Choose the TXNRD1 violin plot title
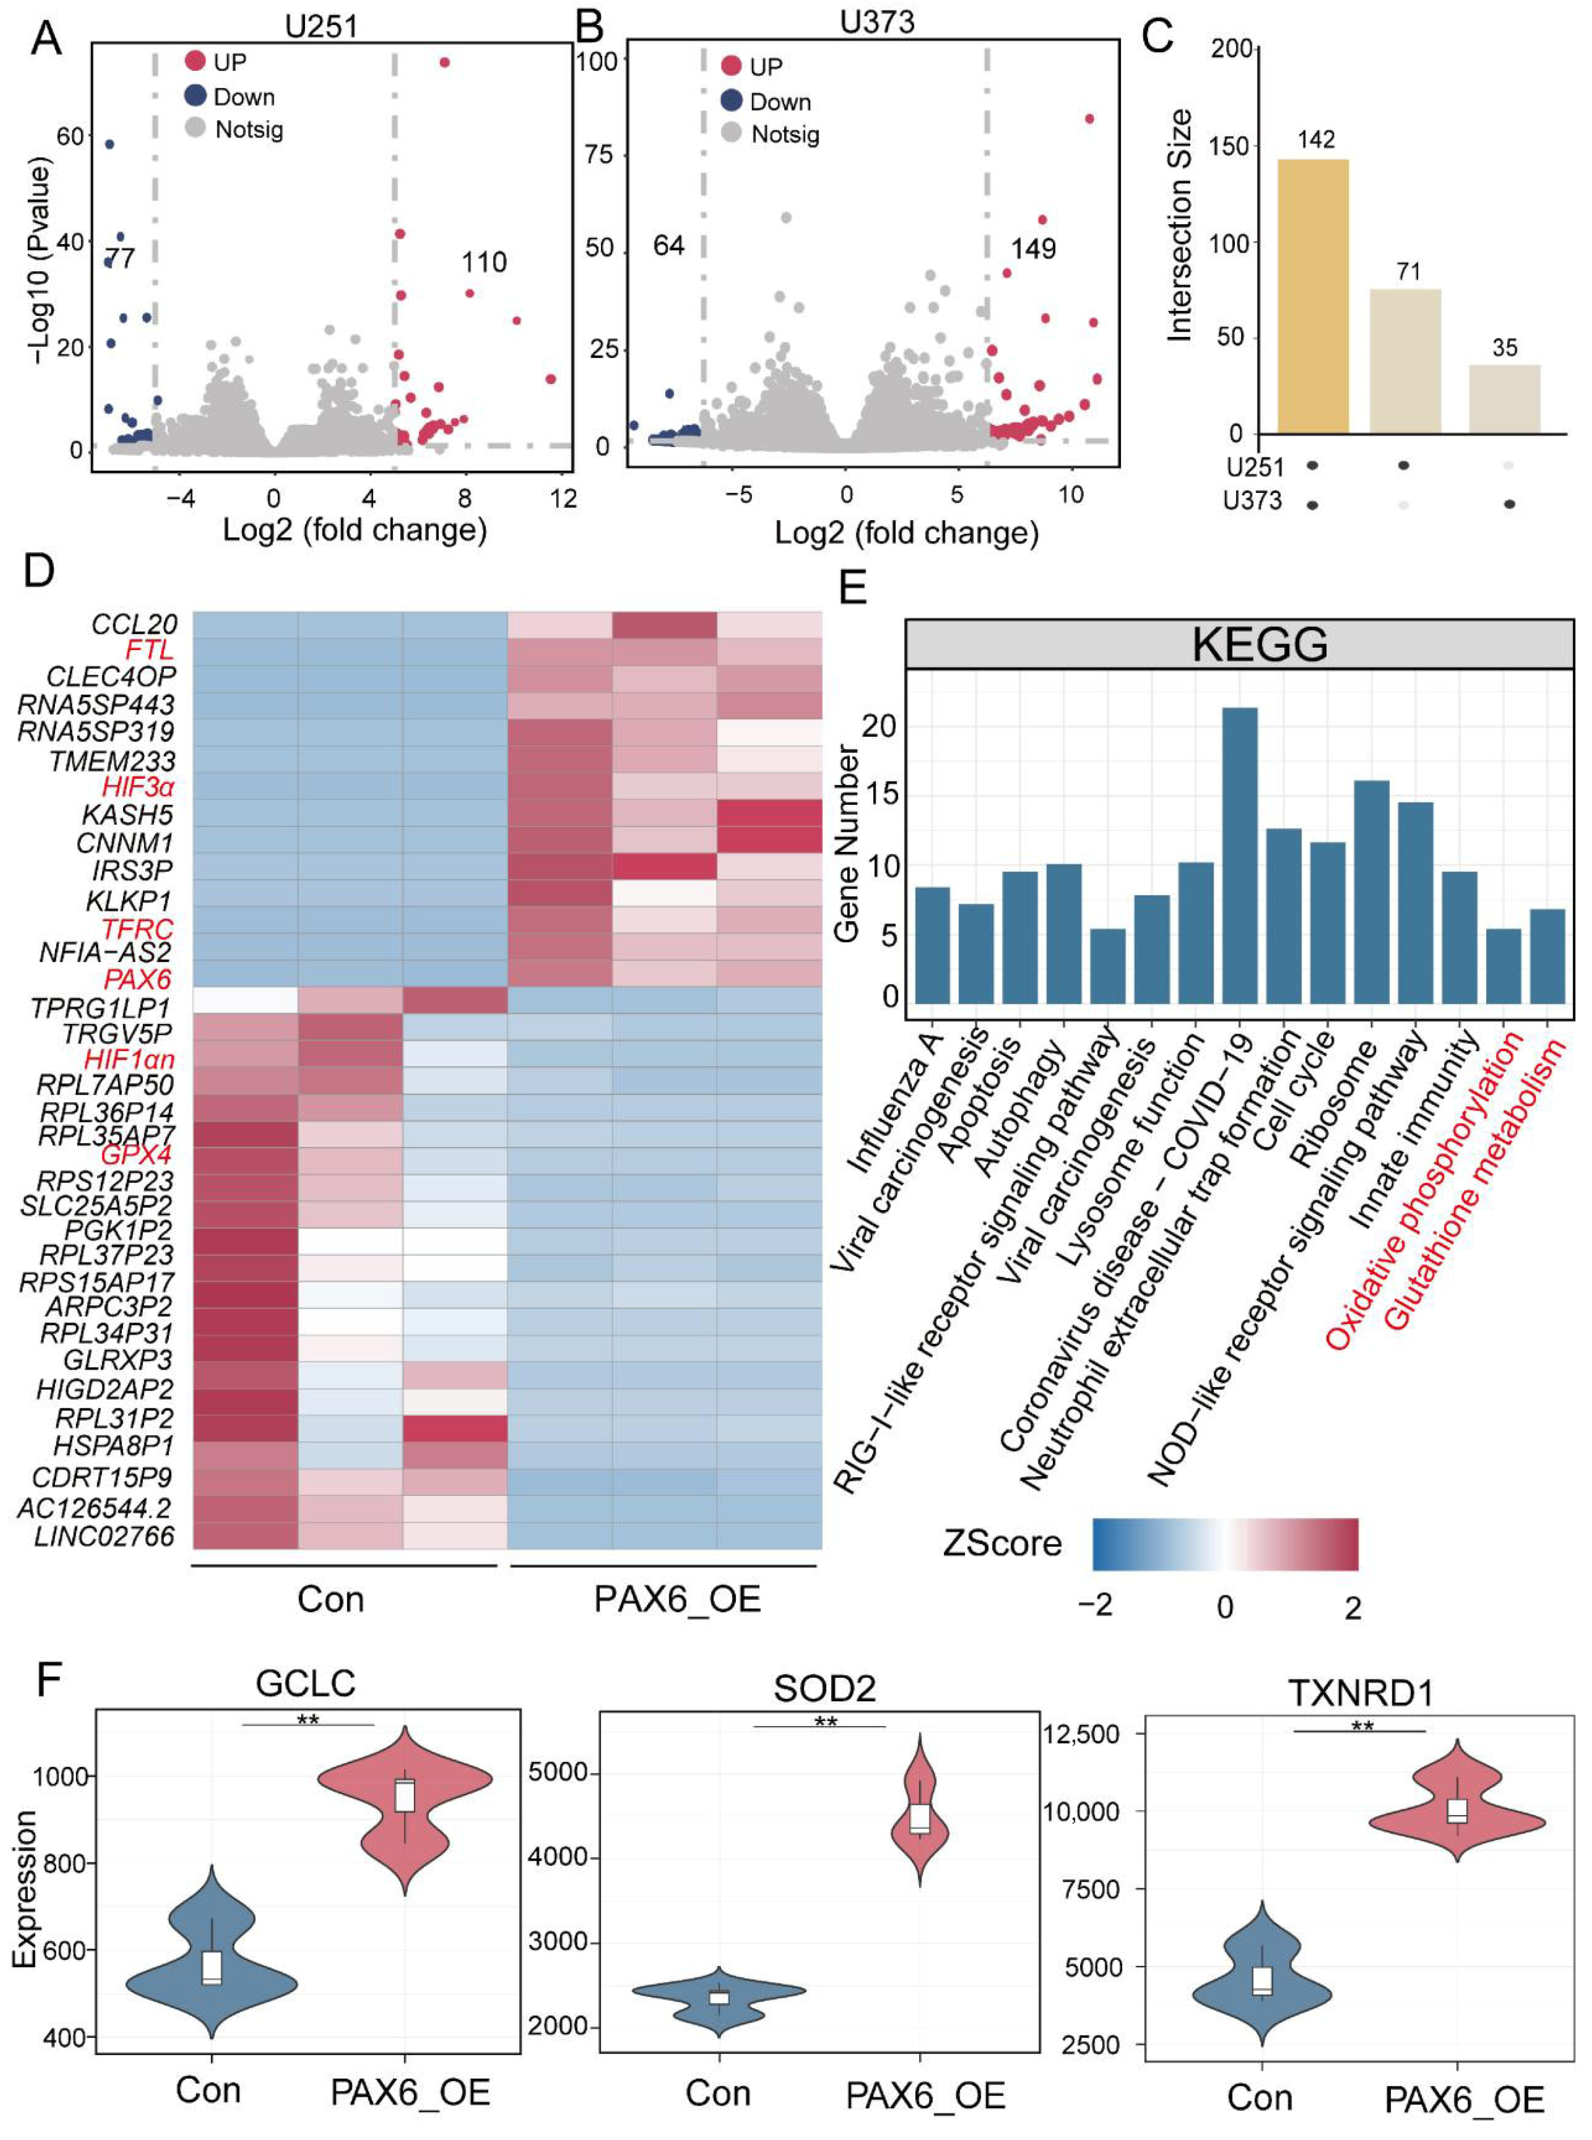coord(1361,1692)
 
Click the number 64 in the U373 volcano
coord(668,246)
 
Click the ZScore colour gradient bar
coord(1225,1545)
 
